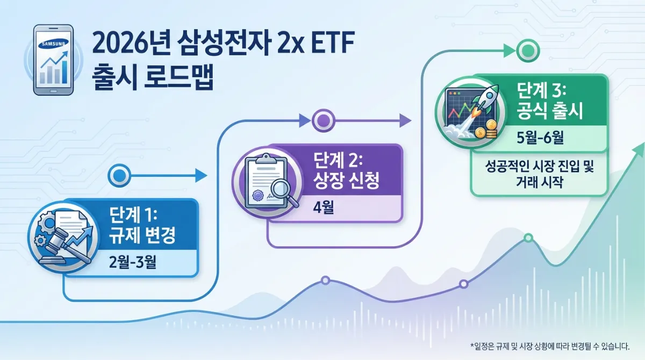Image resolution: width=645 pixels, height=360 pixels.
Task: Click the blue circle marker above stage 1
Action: click(x=119, y=175)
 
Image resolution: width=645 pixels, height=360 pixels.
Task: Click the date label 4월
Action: click(x=322, y=207)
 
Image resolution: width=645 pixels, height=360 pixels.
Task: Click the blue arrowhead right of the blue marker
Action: click(x=201, y=175)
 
